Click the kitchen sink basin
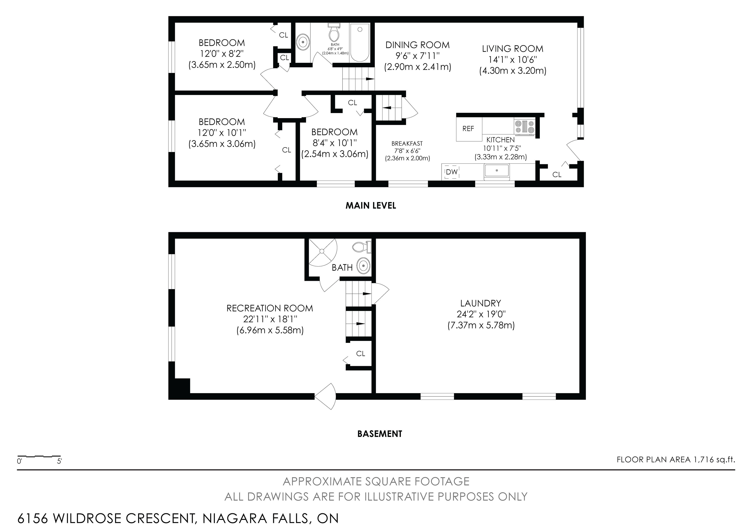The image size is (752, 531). [497, 171]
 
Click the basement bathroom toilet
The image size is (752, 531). [362, 247]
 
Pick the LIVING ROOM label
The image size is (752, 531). [512, 49]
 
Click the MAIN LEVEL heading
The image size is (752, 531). [371, 206]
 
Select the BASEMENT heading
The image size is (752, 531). [380, 434]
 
